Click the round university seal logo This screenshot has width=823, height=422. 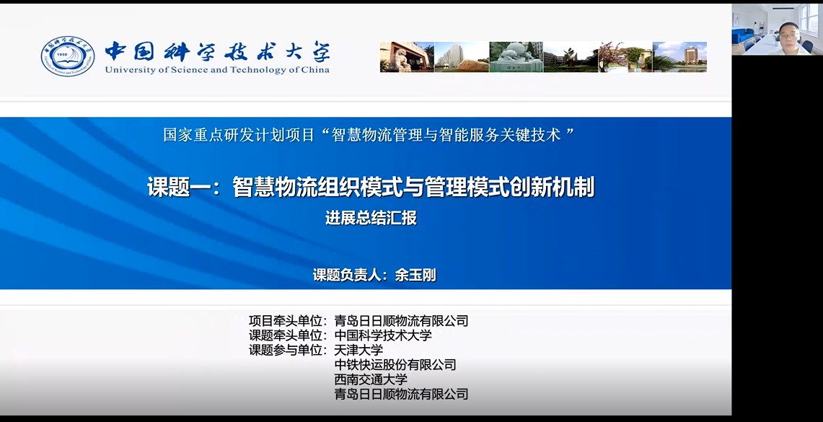[x=68, y=56]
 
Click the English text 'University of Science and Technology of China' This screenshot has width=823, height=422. [x=217, y=69]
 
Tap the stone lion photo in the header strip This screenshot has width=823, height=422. [x=407, y=57]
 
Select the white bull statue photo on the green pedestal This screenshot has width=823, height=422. [x=516, y=57]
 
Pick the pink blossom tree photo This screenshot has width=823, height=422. [x=625, y=57]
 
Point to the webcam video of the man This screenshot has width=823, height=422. [x=777, y=29]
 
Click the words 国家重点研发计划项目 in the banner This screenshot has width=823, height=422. [x=239, y=135]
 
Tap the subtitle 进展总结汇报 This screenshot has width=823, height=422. [x=371, y=218]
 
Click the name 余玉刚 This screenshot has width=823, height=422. [x=415, y=275]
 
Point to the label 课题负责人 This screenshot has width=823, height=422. [x=346, y=275]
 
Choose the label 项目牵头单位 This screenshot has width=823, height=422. [x=286, y=320]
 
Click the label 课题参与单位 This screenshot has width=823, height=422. [x=286, y=350]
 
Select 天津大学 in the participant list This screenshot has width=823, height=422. [x=358, y=350]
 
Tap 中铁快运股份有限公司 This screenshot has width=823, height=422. [x=395, y=364]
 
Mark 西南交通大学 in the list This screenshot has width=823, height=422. [x=371, y=379]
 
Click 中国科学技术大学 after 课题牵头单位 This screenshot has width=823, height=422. [x=383, y=335]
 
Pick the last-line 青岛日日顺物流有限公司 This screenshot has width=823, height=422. [x=401, y=394]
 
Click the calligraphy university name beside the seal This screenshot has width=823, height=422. [x=217, y=51]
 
